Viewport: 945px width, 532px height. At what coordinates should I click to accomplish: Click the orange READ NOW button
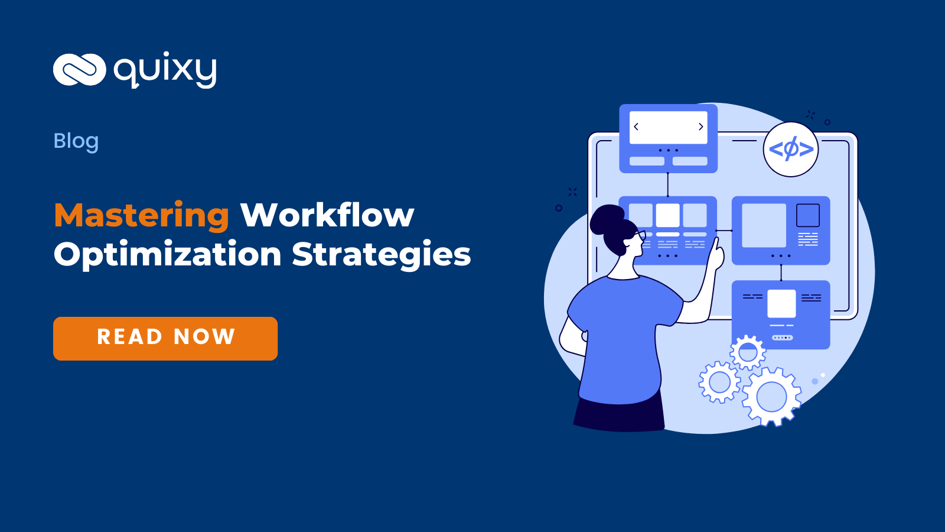pyautogui.click(x=165, y=338)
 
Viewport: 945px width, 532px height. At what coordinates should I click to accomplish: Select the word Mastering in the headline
pyautogui.click(x=142, y=215)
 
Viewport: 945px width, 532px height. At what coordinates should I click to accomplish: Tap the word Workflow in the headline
pyautogui.click(x=327, y=215)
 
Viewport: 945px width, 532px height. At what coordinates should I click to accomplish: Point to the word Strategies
pyautogui.click(x=382, y=255)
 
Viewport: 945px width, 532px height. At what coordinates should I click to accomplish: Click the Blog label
pyautogui.click(x=76, y=141)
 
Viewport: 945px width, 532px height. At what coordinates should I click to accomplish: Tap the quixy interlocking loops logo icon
pyautogui.click(x=79, y=70)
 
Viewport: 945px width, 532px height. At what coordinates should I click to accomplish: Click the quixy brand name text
pyautogui.click(x=165, y=70)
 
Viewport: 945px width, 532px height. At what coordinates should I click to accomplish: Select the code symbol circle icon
pyautogui.click(x=791, y=149)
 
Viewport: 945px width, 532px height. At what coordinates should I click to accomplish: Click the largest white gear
pyautogui.click(x=771, y=396)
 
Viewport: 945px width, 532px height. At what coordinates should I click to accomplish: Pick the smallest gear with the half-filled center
pyautogui.click(x=748, y=353)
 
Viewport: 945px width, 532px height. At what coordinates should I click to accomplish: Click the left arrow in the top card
pyautogui.click(x=636, y=126)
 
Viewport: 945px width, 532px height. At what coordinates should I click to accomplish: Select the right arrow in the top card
pyautogui.click(x=700, y=126)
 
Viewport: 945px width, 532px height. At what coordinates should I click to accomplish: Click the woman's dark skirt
pyautogui.click(x=619, y=416)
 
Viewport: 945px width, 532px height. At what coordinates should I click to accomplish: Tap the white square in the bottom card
pyautogui.click(x=781, y=304)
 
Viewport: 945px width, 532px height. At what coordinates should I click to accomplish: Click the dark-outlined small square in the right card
pyautogui.click(x=807, y=215)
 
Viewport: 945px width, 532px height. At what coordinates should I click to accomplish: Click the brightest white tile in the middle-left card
pyautogui.click(x=667, y=215)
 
